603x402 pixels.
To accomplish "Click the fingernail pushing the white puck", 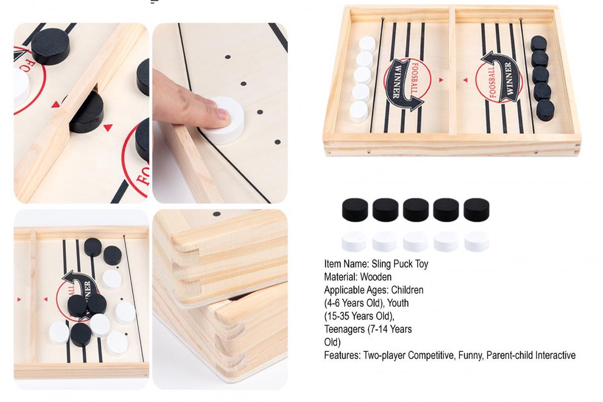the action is (223, 113).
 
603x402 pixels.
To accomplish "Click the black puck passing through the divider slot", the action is (87, 113).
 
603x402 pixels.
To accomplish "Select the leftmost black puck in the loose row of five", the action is (354, 210).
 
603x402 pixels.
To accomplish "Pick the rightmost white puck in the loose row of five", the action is (476, 242).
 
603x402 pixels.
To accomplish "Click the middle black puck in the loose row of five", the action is (416, 210).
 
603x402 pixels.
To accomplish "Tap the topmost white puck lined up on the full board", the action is (367, 44).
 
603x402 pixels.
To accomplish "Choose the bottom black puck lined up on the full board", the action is (545, 109).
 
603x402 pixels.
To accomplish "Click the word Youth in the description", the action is (398, 303).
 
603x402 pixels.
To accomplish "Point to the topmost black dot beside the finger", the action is (228, 57).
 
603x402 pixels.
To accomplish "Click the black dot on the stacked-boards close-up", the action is (217, 214).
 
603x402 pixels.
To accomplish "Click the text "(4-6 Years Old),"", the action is (354, 303).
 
